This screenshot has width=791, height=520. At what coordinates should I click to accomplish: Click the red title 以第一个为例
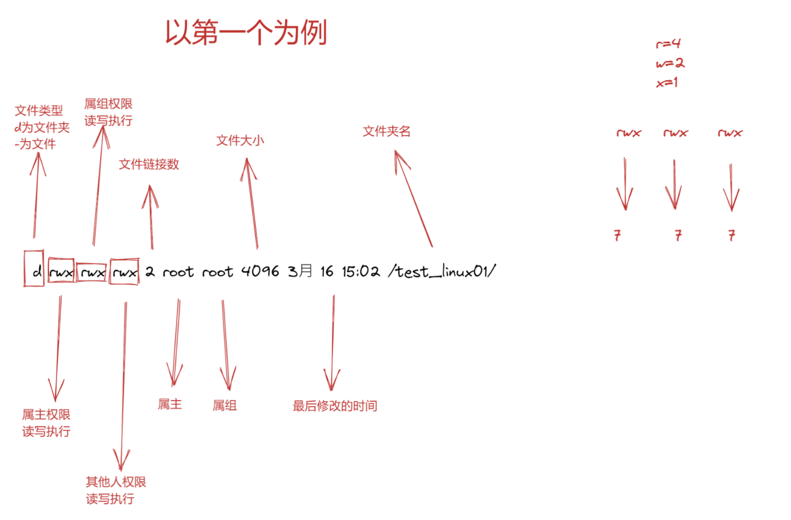click(246, 32)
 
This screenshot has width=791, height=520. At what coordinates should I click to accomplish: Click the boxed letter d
click(36, 271)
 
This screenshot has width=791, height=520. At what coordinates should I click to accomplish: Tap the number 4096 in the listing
click(260, 271)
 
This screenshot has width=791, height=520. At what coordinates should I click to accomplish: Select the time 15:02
click(360, 271)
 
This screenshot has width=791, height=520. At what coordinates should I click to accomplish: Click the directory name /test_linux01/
click(442, 271)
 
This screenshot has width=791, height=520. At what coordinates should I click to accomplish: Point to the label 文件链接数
click(149, 164)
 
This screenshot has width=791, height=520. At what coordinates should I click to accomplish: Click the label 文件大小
click(240, 141)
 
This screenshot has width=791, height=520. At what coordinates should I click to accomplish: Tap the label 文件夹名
click(387, 131)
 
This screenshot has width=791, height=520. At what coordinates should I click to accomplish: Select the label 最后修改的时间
click(335, 406)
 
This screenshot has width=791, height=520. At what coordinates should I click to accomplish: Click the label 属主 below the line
click(170, 404)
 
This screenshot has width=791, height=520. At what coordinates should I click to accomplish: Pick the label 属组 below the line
click(224, 405)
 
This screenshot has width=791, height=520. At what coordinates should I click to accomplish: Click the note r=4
click(668, 44)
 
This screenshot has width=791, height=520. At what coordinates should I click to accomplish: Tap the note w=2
click(670, 63)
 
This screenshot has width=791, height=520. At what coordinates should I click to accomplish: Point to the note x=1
click(667, 83)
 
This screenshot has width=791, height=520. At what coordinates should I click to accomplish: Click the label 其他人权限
click(116, 482)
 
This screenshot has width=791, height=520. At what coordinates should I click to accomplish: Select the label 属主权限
click(46, 415)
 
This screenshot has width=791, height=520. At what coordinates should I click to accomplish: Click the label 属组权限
click(108, 104)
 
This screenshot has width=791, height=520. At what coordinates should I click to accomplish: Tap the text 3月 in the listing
click(300, 271)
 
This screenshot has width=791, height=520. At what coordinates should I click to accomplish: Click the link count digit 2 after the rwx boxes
click(150, 271)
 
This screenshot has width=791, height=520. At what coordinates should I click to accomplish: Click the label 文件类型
click(39, 111)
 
